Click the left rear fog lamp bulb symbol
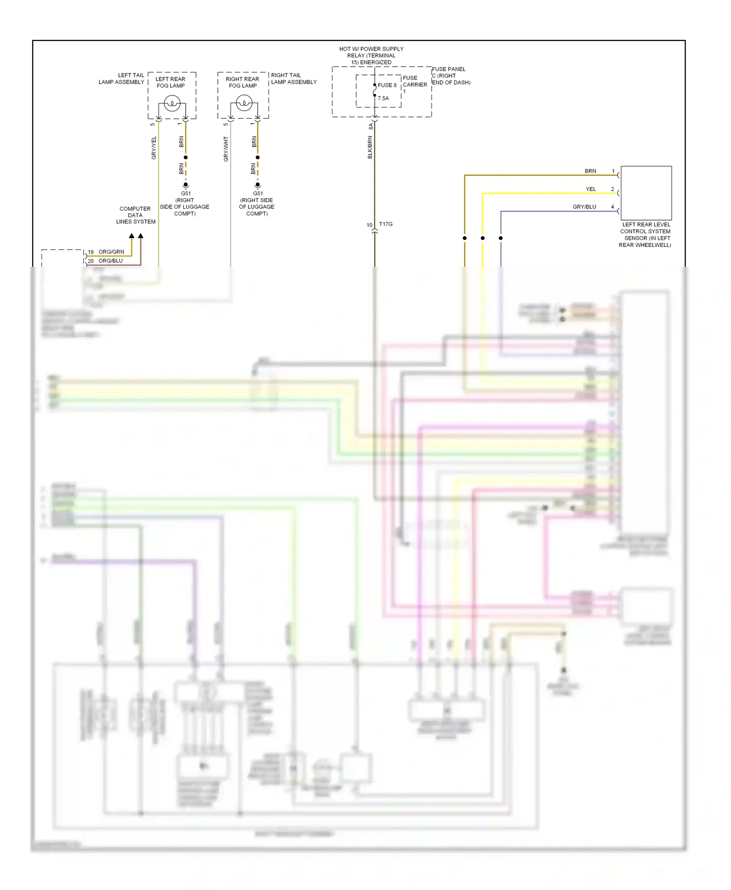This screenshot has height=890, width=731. pos(172,103)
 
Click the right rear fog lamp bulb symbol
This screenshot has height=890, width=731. pos(244,103)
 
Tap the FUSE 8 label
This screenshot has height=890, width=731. pos(387,85)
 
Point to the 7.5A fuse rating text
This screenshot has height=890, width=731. pos(384,98)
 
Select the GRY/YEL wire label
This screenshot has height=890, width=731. pos(154,148)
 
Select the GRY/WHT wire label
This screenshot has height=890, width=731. pos(226,149)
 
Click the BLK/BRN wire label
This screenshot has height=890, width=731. pos(370,147)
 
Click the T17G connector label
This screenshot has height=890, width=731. pos(385,224)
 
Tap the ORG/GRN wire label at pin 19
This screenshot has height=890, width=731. pos(111,252)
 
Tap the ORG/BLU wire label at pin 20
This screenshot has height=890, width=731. pos(111,260)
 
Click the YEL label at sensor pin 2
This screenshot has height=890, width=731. pos(591,189)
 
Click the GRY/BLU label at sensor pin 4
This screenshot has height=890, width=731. pos(584,207)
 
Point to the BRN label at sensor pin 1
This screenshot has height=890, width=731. pos(590,171)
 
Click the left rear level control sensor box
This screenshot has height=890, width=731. pos(646,193)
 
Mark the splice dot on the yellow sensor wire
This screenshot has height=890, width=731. pos(482,238)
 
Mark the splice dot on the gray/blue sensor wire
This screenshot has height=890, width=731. pos(500,238)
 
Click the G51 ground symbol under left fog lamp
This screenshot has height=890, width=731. pos(186,185)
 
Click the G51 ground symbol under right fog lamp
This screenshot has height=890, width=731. pos(258,185)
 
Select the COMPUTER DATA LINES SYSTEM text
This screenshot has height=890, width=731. pos(135,215)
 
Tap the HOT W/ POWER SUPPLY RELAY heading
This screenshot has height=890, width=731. pos(371,56)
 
